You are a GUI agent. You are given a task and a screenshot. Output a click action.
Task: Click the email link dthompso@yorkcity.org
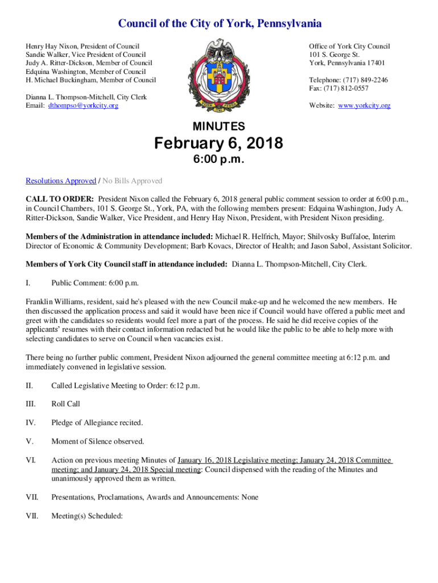click(83, 105)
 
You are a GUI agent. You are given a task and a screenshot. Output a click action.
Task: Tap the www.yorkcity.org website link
click(364, 105)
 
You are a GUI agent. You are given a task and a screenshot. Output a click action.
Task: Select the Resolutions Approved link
click(61, 181)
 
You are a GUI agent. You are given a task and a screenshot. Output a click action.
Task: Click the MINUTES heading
click(219, 126)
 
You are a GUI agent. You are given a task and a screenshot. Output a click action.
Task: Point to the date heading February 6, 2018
click(219, 144)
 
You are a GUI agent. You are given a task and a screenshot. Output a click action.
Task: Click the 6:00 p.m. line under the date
click(219, 160)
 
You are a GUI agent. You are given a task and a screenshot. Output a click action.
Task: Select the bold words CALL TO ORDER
click(60, 200)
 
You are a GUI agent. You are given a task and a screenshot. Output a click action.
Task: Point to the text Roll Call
click(65, 404)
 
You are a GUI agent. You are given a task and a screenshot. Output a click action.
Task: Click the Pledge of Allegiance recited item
click(97, 422)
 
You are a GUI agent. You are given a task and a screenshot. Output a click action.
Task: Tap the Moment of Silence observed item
click(97, 441)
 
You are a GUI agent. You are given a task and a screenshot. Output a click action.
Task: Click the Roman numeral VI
click(31, 460)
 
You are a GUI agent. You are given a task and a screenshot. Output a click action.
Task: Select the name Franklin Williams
click(52, 302)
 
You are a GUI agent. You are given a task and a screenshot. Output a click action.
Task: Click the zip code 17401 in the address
click(375, 63)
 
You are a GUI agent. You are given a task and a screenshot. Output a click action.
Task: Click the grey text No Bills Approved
click(132, 181)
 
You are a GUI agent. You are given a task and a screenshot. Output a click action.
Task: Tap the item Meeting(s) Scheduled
click(87, 516)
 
